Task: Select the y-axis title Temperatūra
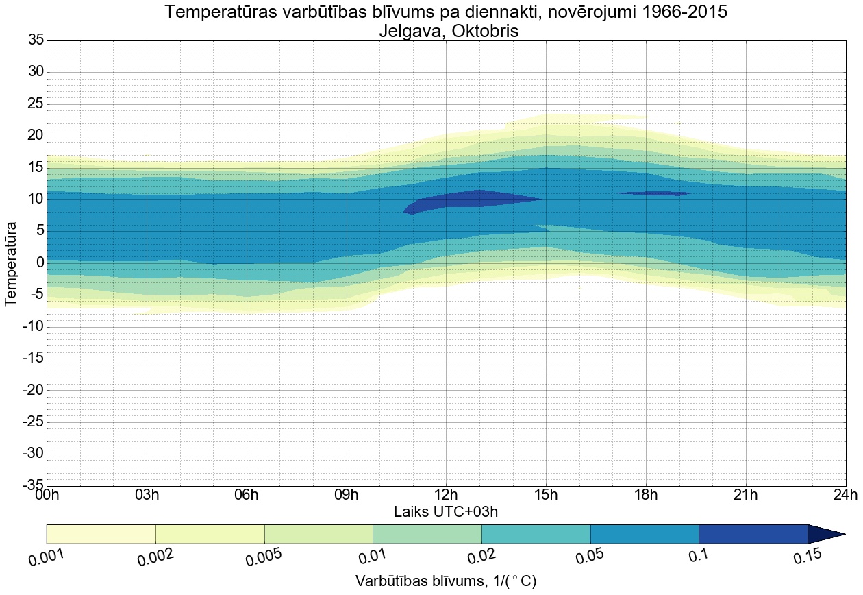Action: [11, 263]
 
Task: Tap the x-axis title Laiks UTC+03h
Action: [446, 512]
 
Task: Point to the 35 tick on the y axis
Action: [36, 40]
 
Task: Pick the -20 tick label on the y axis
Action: [33, 390]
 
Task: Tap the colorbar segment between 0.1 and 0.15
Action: [753, 534]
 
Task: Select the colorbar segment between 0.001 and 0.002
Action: [101, 534]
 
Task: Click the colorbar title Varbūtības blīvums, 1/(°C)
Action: [446, 581]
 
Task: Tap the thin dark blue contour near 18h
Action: [654, 193]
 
